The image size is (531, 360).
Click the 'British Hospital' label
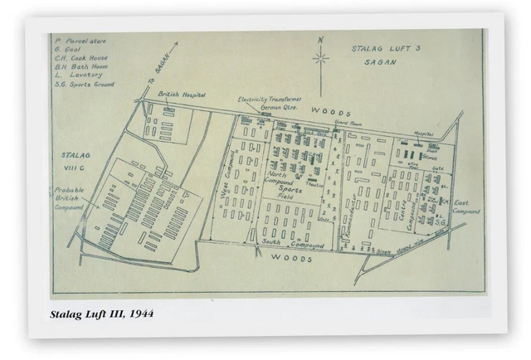click(183, 96)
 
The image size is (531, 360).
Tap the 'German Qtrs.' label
click(264, 107)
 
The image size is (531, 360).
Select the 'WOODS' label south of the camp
click(290, 258)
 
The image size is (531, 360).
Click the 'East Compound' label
click(467, 207)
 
